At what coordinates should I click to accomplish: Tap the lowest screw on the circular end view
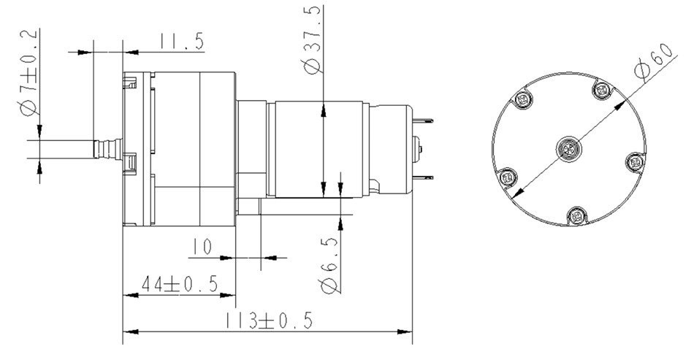click(x=577, y=215)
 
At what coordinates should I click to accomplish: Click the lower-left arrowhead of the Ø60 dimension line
click(x=516, y=194)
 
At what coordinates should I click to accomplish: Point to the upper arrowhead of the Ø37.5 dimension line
click(x=322, y=110)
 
